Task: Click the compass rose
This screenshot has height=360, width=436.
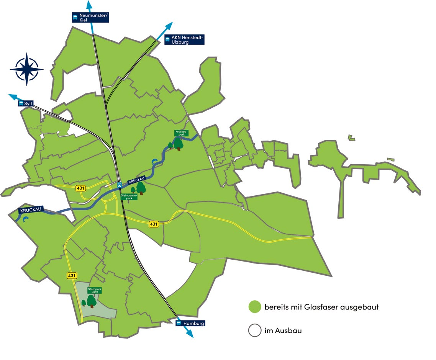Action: [x=26, y=69]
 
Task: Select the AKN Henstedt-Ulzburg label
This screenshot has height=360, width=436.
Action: [x=184, y=39]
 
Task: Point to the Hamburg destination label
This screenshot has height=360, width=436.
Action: [x=190, y=323]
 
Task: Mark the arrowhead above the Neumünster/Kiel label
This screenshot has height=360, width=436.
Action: [x=89, y=5]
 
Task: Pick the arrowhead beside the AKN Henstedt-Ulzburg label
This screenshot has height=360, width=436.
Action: [x=169, y=26]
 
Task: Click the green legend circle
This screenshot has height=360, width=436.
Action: [x=255, y=307]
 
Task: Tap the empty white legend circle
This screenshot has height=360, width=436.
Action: [x=255, y=330]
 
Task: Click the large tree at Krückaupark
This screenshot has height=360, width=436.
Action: [x=178, y=144]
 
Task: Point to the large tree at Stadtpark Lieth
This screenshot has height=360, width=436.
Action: [x=92, y=301]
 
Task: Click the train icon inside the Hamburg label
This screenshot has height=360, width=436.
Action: [x=179, y=323]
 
